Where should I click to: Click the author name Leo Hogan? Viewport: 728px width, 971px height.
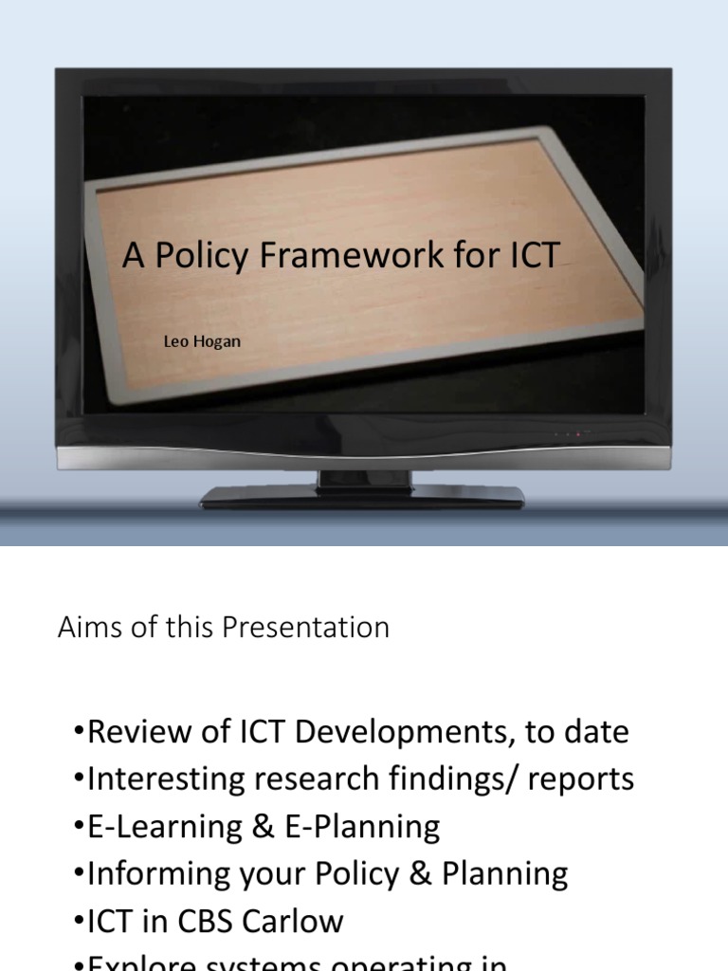coord(203,341)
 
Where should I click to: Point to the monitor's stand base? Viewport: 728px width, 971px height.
coord(362,496)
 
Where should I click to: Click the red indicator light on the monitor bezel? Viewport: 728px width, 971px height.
coord(577,434)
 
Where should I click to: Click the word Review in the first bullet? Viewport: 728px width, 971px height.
coord(133,732)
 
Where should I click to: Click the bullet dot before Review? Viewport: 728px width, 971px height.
coord(78,733)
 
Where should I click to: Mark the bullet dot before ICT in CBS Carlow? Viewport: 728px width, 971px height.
coord(78,922)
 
